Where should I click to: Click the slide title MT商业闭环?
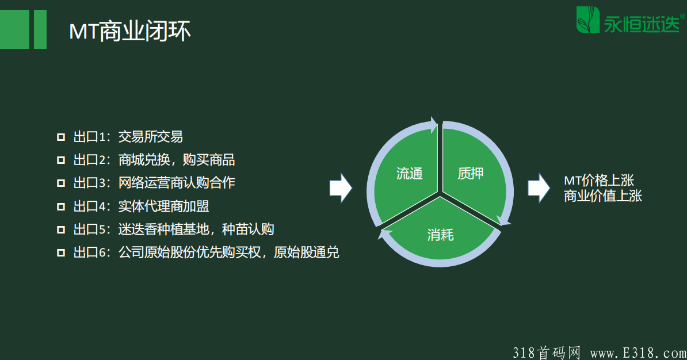tap(129, 31)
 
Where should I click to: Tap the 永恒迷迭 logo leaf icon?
tap(587, 20)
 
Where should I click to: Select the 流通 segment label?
tap(409, 174)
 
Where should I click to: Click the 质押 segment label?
tap(471, 174)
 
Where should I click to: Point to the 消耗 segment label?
tap(440, 235)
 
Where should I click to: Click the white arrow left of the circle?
tap(341, 188)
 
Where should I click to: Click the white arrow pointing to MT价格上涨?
tap(539, 188)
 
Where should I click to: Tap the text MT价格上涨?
tap(599, 180)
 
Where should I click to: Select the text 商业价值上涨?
tap(603, 196)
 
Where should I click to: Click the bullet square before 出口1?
tap(61, 137)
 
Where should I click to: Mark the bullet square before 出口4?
tap(61, 206)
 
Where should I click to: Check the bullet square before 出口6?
tap(61, 252)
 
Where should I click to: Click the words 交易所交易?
tap(151, 137)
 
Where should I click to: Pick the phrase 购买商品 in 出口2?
tap(208, 160)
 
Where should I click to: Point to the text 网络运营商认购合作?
tap(177, 183)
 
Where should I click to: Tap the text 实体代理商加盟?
tap(163, 206)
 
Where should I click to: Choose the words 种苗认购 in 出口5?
tap(248, 229)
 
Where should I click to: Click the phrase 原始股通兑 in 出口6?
tap(306, 252)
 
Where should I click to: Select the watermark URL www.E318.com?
tap(638, 353)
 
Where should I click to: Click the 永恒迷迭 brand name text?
tap(642, 24)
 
